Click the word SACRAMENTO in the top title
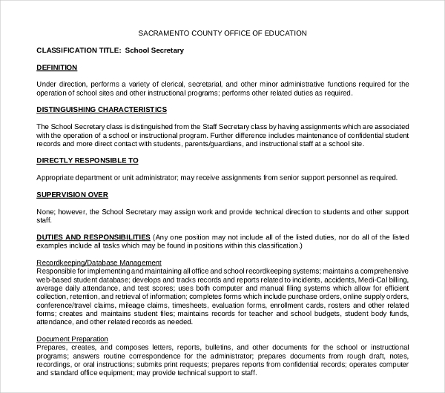click(162, 33)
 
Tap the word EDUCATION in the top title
click(285, 33)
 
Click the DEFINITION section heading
click(56, 67)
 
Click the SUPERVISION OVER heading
click(72, 194)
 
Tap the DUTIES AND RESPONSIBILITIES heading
click(93, 237)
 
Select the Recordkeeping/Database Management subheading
click(99, 262)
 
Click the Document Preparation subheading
click(72, 339)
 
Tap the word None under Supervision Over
click(46, 211)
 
